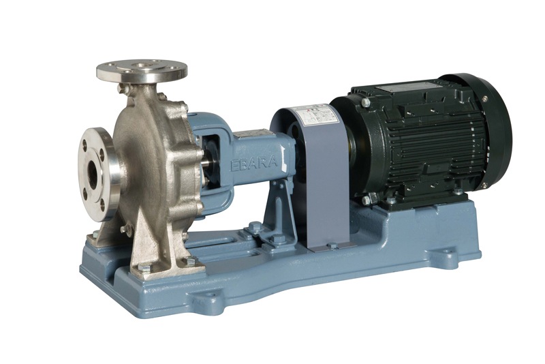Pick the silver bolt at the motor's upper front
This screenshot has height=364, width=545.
pyautogui.click(x=366, y=102)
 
